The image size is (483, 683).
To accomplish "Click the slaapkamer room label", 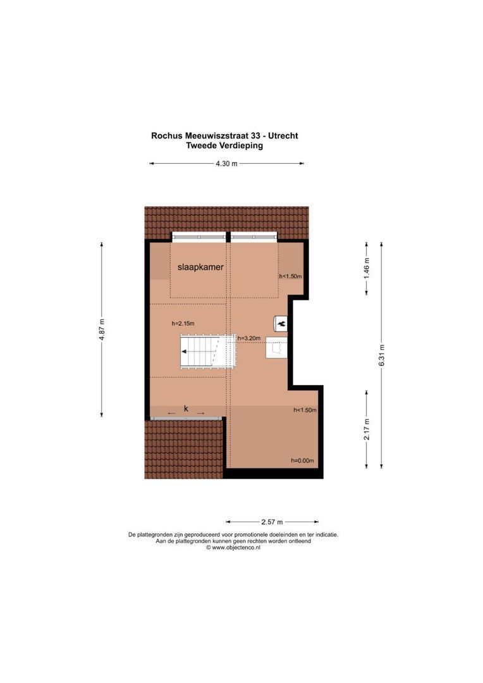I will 200,268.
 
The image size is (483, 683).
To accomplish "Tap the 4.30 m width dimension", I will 226,164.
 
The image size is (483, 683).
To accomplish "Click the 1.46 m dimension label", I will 367,268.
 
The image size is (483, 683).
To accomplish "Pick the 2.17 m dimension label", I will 367,429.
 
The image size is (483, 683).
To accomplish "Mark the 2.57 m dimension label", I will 272,522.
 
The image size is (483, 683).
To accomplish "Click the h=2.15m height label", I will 183,324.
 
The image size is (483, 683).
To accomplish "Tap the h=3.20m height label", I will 249,338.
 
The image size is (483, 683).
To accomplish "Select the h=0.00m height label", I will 302,460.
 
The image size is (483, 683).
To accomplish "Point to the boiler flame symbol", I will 281,323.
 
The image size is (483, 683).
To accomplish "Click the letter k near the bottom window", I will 186,409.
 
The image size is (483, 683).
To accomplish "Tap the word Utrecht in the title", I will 283,135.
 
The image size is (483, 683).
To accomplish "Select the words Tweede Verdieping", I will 224,145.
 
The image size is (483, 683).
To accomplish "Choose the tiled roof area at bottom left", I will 183,449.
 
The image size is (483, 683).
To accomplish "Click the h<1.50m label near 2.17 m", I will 305,410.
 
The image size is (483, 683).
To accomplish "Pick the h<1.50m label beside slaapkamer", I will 291,276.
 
